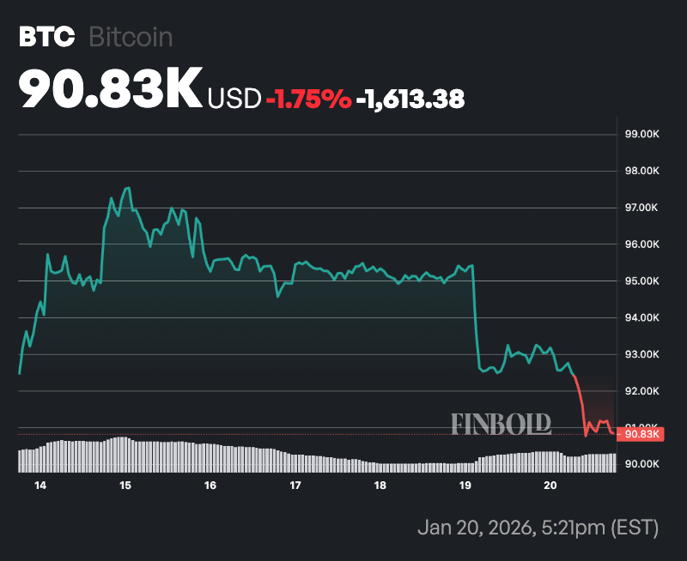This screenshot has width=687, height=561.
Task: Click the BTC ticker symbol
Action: click(42, 38)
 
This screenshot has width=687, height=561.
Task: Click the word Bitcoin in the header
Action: click(131, 38)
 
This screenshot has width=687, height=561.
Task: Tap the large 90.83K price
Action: click(110, 90)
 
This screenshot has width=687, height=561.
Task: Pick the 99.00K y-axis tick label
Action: click(641, 135)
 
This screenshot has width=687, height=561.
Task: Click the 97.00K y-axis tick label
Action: click(641, 208)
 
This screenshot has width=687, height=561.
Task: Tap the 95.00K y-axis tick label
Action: click(641, 281)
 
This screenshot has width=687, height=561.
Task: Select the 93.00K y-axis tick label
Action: click(641, 354)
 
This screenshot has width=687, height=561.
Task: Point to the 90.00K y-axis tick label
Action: click(641, 464)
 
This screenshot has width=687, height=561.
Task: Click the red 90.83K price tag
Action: click(641, 434)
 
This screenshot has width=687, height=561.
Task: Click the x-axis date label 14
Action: click(40, 486)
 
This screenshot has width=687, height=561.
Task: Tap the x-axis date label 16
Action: click(210, 486)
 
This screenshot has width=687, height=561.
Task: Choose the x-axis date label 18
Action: click(380, 486)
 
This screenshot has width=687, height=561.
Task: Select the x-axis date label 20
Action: click(550, 486)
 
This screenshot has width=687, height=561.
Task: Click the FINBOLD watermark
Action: click(502, 424)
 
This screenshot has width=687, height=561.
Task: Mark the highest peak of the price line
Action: click(127, 188)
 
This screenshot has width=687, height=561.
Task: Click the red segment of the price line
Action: click(581, 403)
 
